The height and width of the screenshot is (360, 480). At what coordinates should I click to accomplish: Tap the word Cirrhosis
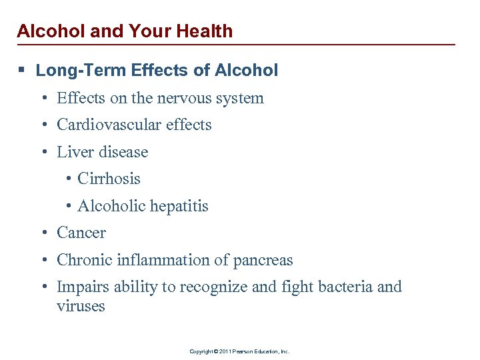pyautogui.click(x=109, y=179)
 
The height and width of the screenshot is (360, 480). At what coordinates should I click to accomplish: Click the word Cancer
pyautogui.click(x=81, y=233)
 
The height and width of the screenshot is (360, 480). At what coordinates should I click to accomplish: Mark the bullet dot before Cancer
pyautogui.click(x=43, y=233)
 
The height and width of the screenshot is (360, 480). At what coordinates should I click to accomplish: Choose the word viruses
pyautogui.click(x=81, y=307)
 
